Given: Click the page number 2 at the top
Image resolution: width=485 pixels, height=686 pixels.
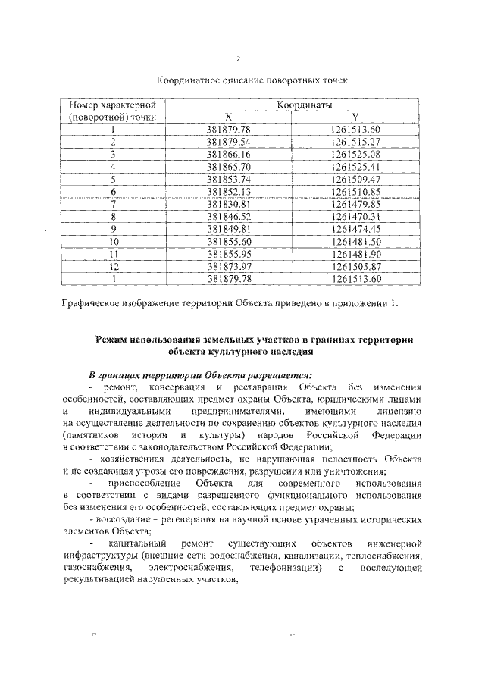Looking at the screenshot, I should [x=239, y=60].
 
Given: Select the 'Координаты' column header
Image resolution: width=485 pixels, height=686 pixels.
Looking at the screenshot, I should [x=298, y=105].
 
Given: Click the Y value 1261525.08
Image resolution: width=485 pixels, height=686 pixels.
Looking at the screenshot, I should [x=355, y=154].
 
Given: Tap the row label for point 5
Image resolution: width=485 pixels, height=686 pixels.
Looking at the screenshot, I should [x=112, y=179].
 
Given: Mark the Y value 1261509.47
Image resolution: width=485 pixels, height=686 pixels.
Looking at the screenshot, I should [x=355, y=179].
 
